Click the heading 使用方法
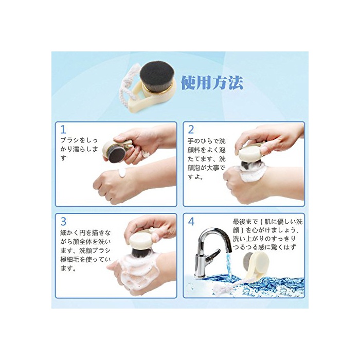coord(212,83)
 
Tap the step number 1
coord(63,130)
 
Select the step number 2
coord(191,130)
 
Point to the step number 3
coord(63,221)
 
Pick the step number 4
coord(191,221)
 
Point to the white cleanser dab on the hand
coord(122,173)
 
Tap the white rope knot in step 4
coord(219,287)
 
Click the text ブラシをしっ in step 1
coord(79,140)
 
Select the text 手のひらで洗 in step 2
coord(206,141)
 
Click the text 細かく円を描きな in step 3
coord(85,232)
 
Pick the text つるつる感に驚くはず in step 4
coord(264,247)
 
